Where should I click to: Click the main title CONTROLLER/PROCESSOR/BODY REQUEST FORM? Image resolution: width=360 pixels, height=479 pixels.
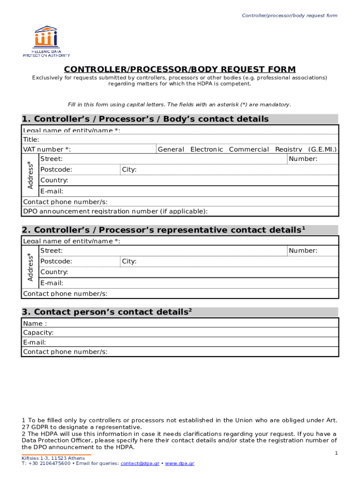180,70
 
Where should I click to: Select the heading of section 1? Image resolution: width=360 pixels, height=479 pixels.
145,119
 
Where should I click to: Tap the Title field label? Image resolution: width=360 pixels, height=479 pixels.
31,139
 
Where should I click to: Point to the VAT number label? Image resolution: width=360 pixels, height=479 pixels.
47,149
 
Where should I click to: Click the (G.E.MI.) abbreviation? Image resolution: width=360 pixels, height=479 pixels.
322,149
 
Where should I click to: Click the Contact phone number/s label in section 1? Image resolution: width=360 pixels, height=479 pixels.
65,202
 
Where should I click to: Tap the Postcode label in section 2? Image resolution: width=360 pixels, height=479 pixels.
56,261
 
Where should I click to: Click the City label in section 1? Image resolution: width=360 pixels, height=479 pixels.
129,169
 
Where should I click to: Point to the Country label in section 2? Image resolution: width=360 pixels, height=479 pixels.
54,272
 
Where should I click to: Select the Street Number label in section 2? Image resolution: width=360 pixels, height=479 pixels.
303,251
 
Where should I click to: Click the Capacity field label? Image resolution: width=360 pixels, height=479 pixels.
38,333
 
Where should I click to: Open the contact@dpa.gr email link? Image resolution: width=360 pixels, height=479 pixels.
139,464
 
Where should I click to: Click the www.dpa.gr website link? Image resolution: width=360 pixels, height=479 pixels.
180,464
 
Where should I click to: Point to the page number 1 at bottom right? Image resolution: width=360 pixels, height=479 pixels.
336,454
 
